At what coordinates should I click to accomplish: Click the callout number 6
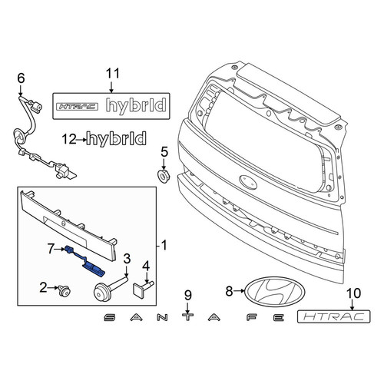coord(21,78)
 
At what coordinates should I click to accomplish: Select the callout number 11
coord(113,74)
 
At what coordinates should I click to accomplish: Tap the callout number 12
coord(69,140)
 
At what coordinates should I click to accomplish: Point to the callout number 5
coord(164,152)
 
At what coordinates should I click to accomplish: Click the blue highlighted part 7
coord(85,262)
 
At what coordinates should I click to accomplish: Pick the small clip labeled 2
coord(64,290)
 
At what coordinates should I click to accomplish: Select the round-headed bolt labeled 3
coord(109,288)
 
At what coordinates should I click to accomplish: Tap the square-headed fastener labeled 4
coord(143,286)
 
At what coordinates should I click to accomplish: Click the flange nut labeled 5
coord(162,175)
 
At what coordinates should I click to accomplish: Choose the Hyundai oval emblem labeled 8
coord(275,291)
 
